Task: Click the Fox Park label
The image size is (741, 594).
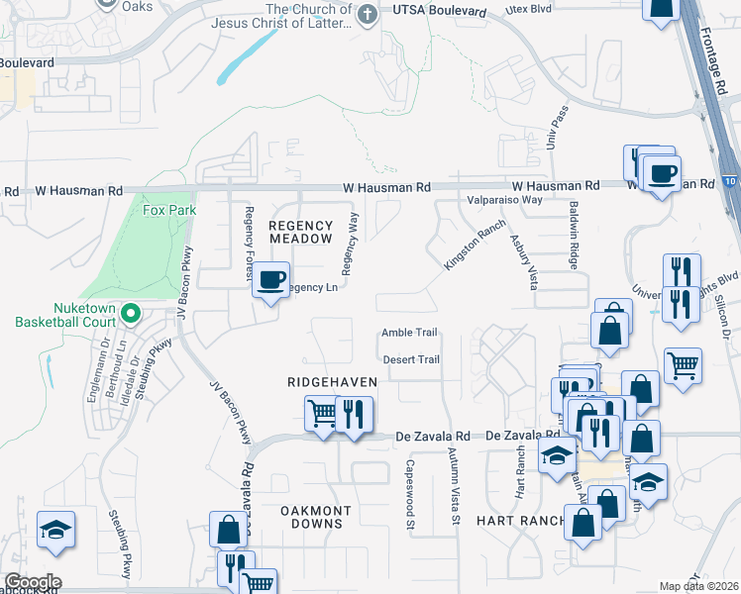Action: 169,210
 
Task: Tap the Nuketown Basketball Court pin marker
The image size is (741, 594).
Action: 130,315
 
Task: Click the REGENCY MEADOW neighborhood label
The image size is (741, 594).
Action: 301,233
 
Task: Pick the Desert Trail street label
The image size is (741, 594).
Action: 410,359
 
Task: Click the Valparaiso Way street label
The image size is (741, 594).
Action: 504,199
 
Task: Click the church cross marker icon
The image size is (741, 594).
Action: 368,14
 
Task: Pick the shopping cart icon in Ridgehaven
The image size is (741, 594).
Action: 322,412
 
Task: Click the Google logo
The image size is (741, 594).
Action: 32,582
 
